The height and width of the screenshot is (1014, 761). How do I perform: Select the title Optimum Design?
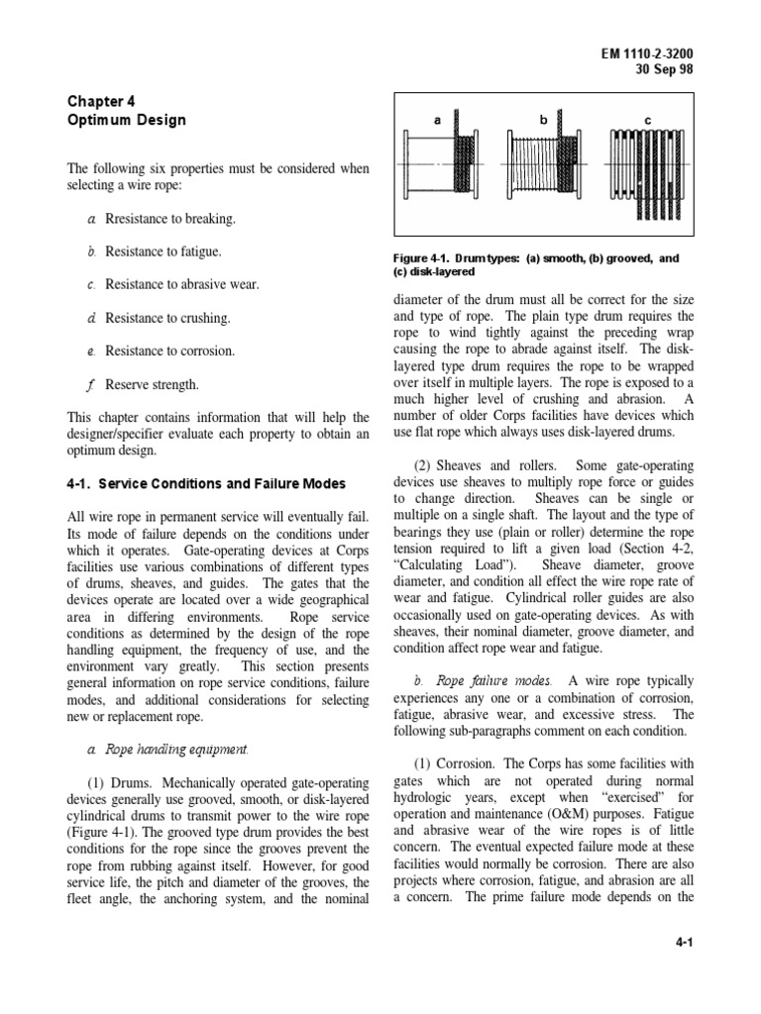pos(126,121)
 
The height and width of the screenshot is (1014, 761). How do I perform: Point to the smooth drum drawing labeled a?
pos(444,162)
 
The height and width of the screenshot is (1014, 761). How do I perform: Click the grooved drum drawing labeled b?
pos(544,162)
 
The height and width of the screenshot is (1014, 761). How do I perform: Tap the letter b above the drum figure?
pos(543,120)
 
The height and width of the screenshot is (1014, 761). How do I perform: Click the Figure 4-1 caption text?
pos(536,264)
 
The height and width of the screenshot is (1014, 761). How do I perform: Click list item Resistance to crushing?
pos(166,318)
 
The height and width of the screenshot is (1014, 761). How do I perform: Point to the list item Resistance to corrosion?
pos(169,351)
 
